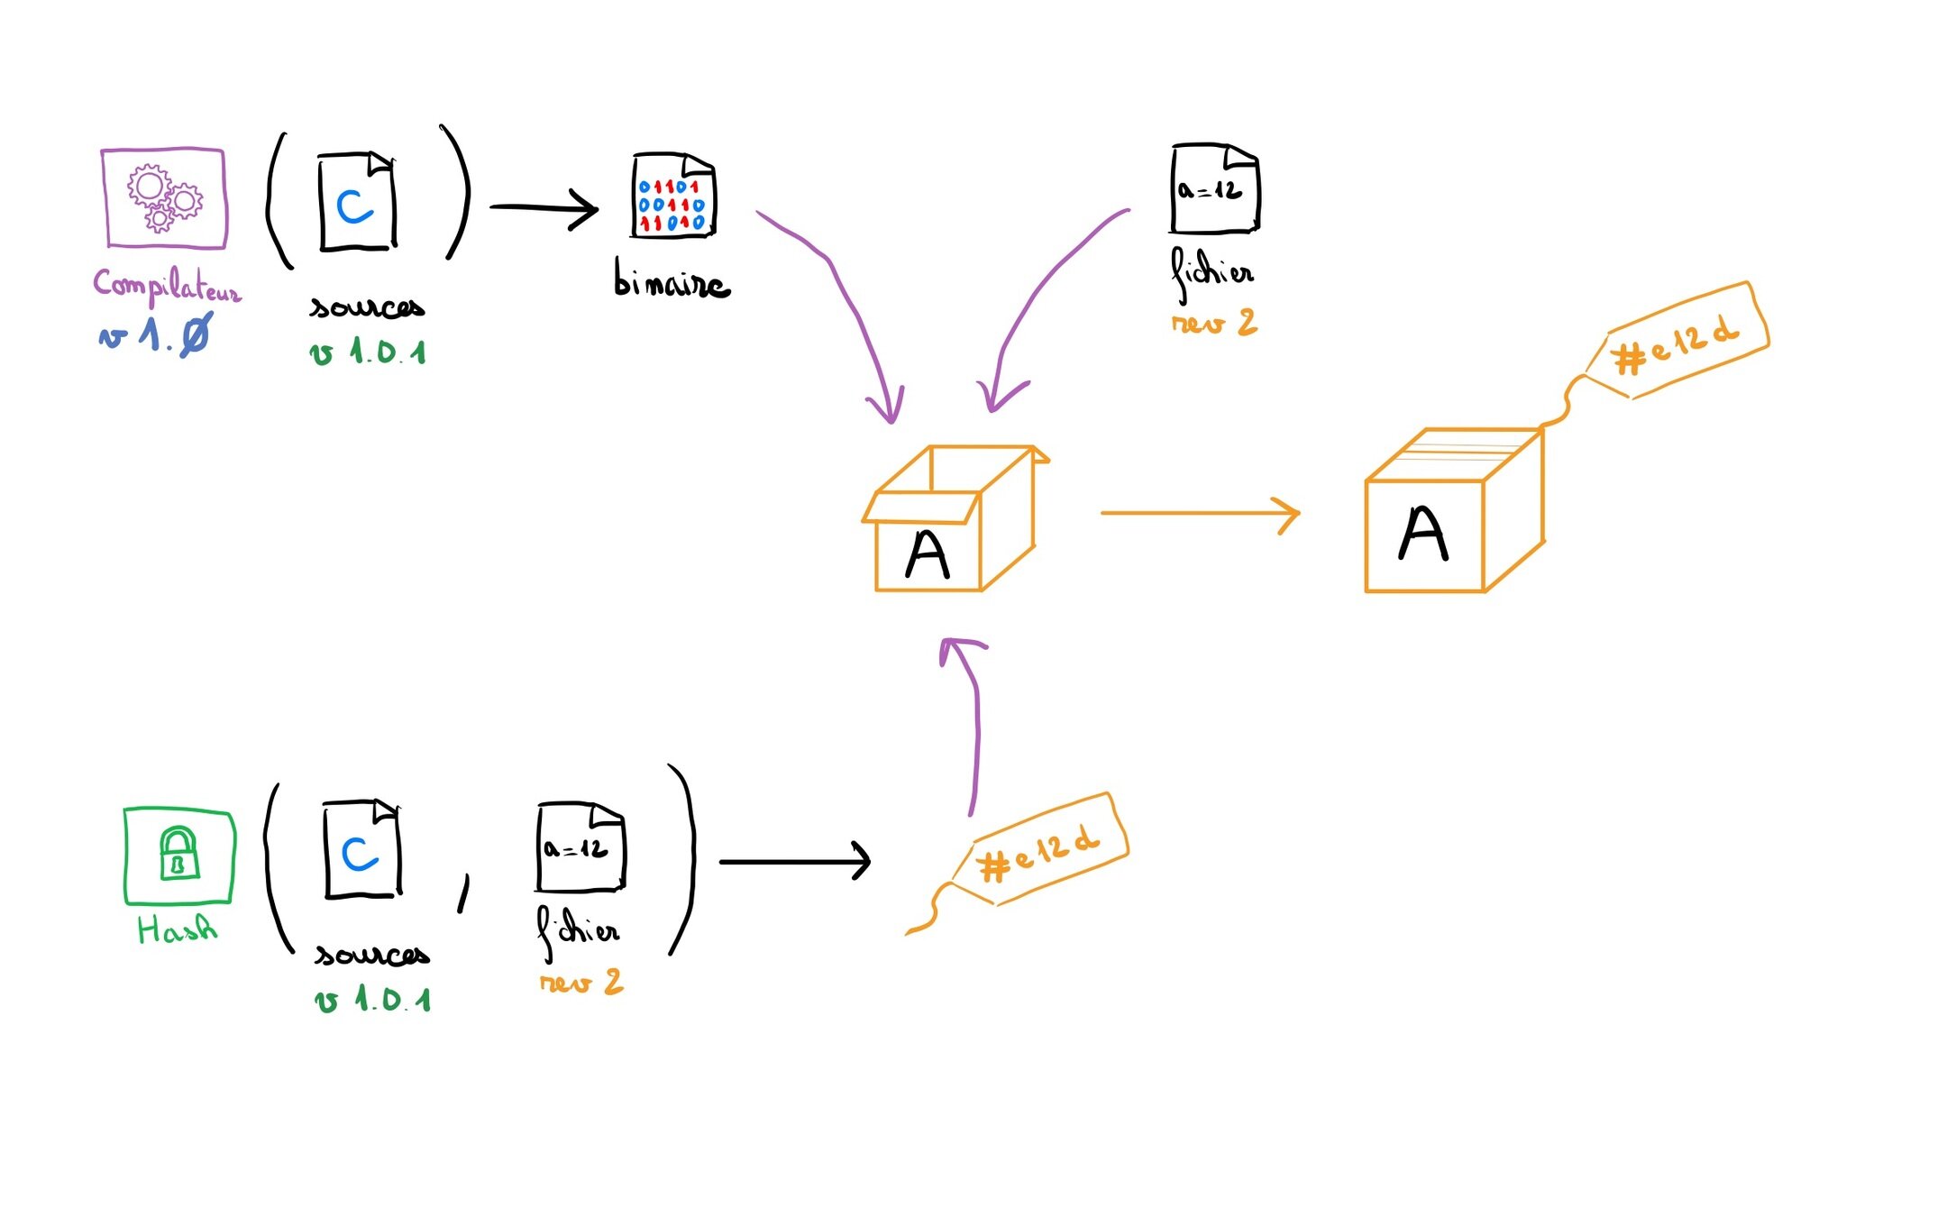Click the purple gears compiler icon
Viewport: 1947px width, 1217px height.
tap(163, 197)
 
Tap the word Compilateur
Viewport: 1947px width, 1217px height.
tap(167, 287)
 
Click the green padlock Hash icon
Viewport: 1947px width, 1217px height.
tap(178, 855)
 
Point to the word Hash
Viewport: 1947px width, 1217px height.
tap(177, 929)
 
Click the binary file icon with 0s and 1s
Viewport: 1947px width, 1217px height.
tap(672, 197)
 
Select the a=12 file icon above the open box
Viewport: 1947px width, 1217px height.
tap(1213, 188)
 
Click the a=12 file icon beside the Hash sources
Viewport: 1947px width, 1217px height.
tap(580, 847)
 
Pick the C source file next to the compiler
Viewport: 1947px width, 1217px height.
tap(357, 203)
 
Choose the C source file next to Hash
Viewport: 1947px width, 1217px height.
tap(361, 850)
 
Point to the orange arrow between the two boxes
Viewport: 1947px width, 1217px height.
tap(1199, 513)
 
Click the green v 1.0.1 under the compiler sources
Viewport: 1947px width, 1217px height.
tap(368, 352)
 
